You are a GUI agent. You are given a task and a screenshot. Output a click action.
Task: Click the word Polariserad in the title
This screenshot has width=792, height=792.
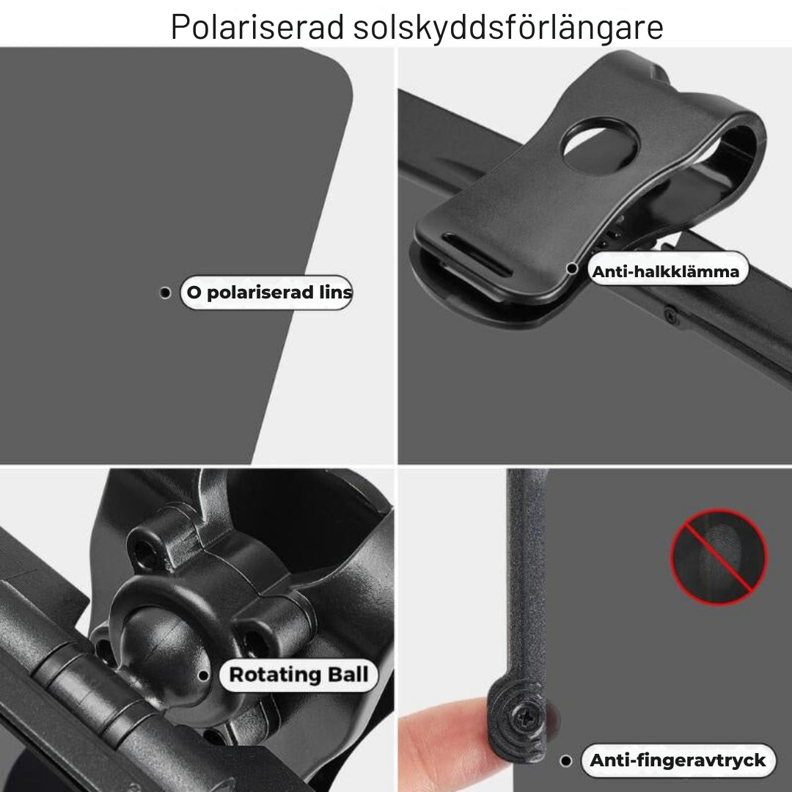click(257, 26)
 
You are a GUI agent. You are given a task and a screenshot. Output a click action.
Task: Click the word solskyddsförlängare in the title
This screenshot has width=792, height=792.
click(508, 27)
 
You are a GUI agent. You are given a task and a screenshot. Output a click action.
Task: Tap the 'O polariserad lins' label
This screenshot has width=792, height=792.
click(267, 293)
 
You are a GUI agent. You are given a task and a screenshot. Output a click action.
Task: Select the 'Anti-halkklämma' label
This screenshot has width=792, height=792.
click(667, 271)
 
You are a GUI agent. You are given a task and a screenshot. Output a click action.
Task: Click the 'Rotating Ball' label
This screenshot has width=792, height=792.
click(298, 675)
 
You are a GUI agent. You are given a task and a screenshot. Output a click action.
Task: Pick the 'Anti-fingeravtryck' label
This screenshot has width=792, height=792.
click(678, 760)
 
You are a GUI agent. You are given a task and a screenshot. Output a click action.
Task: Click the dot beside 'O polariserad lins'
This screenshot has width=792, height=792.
click(165, 293)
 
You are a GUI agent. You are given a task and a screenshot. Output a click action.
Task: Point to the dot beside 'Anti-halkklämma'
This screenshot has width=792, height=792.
click(572, 268)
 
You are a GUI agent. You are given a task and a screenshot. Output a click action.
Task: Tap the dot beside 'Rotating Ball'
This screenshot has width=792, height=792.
click(204, 675)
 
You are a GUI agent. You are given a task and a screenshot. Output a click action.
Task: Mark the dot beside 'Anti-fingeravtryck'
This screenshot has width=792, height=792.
click(566, 760)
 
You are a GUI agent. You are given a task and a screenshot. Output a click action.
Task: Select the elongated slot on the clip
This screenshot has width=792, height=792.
click(477, 254)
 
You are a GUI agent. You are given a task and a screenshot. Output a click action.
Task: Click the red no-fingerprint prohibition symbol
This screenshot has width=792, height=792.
click(719, 557)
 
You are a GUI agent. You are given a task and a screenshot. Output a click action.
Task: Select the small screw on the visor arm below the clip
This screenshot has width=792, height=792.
click(671, 317)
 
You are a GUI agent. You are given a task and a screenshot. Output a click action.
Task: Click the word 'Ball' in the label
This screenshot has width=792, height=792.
click(348, 675)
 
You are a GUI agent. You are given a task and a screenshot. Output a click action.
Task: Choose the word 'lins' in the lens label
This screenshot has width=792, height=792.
click(335, 292)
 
